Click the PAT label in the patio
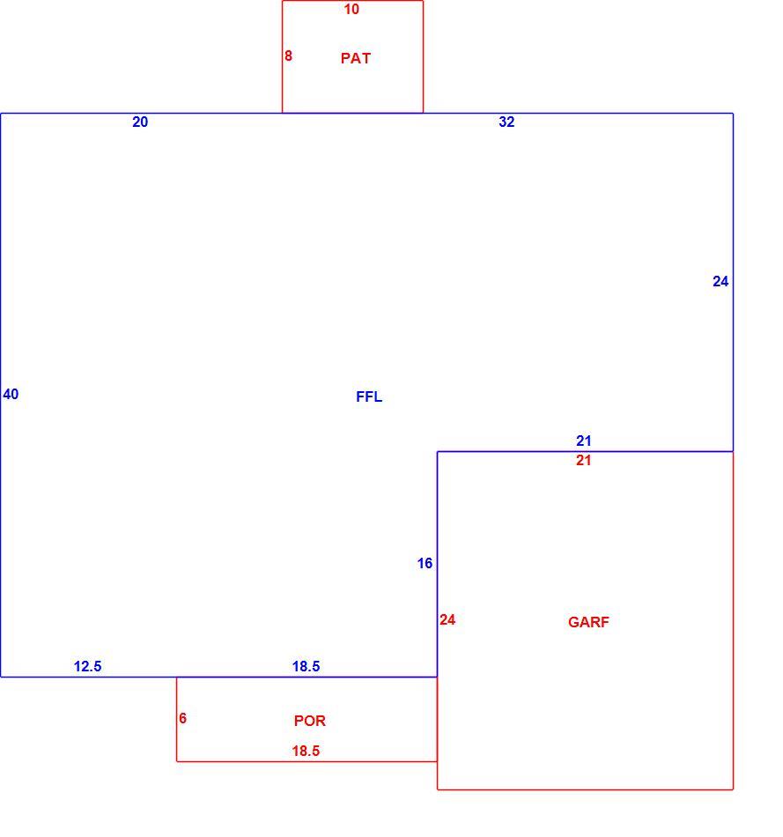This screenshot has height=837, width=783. [x=356, y=58]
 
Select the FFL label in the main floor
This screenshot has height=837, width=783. [x=369, y=396]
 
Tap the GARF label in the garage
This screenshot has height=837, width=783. [x=588, y=622]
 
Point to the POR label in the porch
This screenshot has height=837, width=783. [x=309, y=721]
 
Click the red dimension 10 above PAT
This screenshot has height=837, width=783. [x=351, y=9]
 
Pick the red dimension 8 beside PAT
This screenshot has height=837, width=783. [x=288, y=56]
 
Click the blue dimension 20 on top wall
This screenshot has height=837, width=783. [x=140, y=122]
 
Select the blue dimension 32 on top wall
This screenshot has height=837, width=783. [x=506, y=122]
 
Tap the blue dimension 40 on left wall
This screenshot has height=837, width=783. [x=11, y=394]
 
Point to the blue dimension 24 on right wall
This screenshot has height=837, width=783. [x=720, y=281]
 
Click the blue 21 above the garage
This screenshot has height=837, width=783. [x=583, y=441]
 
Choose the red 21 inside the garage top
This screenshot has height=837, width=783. [x=583, y=460]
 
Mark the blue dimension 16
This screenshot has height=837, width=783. [x=425, y=563]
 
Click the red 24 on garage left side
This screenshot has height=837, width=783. [x=447, y=619]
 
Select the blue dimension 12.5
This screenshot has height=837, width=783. [x=87, y=666]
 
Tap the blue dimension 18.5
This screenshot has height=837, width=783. [x=306, y=666]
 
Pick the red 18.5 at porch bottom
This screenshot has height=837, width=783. [x=306, y=751]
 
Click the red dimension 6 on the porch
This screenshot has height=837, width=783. [x=182, y=718]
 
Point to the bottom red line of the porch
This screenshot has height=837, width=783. [x=307, y=761]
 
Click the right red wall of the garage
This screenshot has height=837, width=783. [x=733, y=620]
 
